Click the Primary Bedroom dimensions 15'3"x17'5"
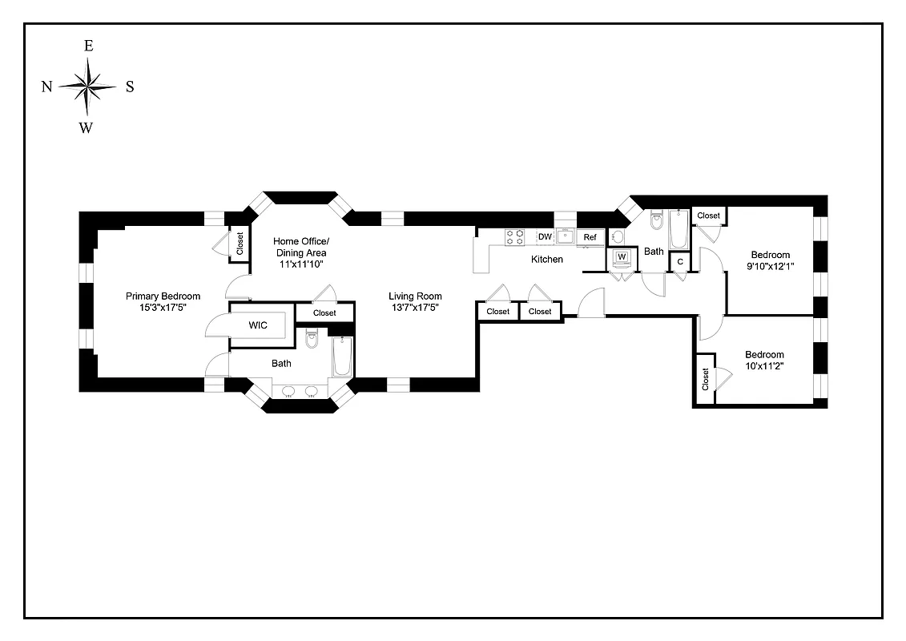point(163,307)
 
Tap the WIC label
point(257,325)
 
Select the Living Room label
point(415,296)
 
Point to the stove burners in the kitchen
point(514,237)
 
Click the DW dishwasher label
point(545,236)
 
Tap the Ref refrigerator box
point(590,237)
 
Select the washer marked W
point(621,257)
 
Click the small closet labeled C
point(680,261)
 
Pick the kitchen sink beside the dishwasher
point(566,236)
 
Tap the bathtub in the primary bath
point(343,357)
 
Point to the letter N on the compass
point(47,87)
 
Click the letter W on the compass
point(86,127)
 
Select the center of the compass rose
point(87,86)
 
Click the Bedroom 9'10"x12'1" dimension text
point(770,266)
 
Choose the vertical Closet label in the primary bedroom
point(240,244)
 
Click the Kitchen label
point(547,260)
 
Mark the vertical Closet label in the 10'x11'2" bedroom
point(705,379)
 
